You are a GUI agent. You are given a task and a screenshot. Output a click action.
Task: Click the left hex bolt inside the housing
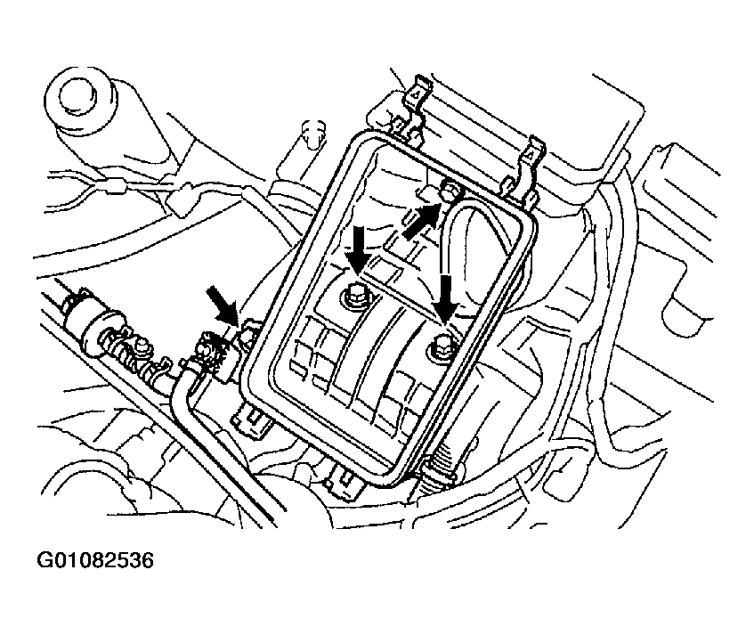pos(354,295)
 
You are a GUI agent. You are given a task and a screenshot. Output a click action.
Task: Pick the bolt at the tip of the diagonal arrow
pos(450,189)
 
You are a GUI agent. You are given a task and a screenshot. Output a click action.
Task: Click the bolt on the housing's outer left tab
pos(248,333)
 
